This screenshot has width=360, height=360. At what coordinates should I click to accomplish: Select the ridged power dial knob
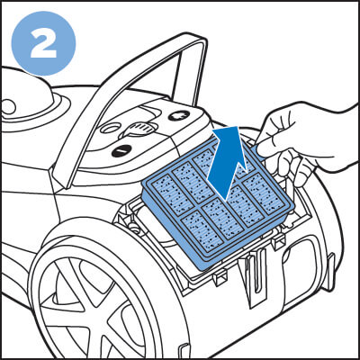coord(138,130)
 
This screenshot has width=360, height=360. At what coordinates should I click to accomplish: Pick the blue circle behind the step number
coord(43,43)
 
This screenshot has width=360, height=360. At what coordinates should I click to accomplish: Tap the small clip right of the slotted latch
coord(278,240)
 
